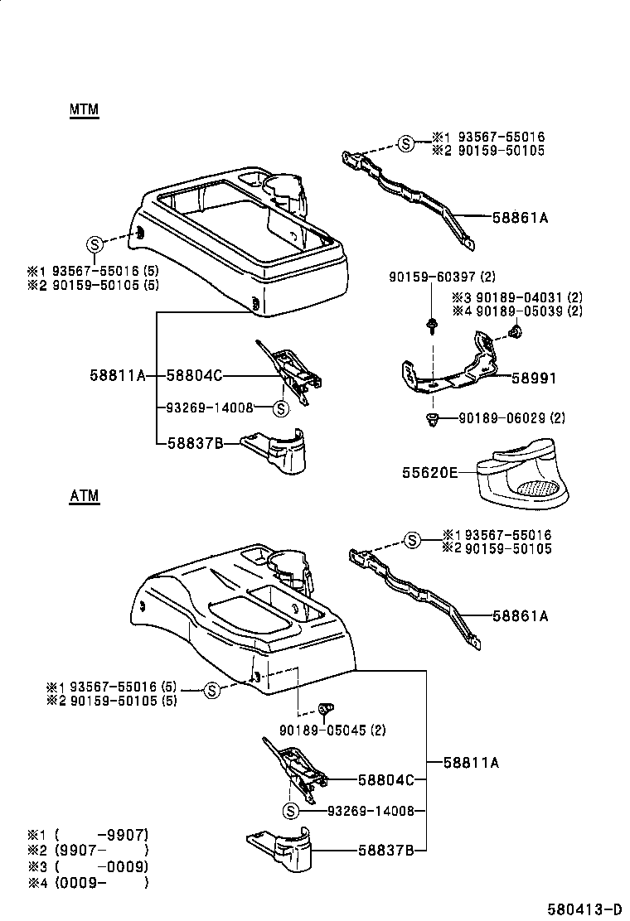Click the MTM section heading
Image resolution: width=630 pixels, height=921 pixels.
pos(84,110)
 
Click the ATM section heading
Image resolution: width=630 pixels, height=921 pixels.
pos(84,496)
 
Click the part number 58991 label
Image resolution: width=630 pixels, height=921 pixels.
pos(533,378)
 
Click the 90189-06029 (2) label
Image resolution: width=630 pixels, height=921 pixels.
pos(511,418)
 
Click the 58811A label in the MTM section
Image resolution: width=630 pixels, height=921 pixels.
pos(117,375)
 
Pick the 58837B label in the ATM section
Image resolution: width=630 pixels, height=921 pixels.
pos(385,850)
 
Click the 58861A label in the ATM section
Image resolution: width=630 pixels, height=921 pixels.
pos(520,616)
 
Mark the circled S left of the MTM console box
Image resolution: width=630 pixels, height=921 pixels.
pos(94,244)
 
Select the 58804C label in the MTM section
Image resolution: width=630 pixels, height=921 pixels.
pos(194,375)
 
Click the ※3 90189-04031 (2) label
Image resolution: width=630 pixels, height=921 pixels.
pos(517,297)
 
